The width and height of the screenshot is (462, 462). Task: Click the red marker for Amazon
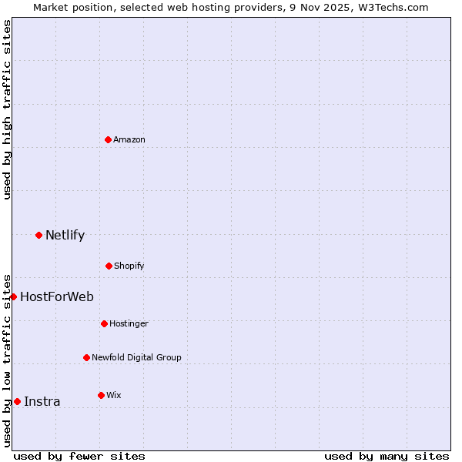[108, 139]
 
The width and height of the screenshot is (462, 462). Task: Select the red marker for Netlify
[38, 235]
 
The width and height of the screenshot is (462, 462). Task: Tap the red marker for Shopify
[109, 266]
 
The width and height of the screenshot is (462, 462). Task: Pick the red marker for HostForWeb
[13, 296]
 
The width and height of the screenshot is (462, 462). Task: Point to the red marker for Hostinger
[104, 323]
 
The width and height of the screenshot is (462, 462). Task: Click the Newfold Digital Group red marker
[86, 357]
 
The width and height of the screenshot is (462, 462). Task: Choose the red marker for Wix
[101, 395]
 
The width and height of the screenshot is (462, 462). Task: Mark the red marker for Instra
[17, 401]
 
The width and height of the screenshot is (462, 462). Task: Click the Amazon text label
[129, 139]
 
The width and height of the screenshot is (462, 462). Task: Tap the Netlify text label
[65, 236]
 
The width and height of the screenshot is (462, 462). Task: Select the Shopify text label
[129, 266]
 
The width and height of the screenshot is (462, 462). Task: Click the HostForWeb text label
[57, 297]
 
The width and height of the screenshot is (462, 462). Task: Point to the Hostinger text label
[129, 323]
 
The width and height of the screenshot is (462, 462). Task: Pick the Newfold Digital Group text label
[136, 357]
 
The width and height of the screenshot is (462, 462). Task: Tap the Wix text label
[113, 395]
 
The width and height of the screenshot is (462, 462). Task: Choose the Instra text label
[42, 402]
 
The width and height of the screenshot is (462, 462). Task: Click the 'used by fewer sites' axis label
[79, 456]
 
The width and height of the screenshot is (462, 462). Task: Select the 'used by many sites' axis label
[387, 456]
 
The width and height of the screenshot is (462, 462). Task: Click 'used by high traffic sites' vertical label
[7, 109]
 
